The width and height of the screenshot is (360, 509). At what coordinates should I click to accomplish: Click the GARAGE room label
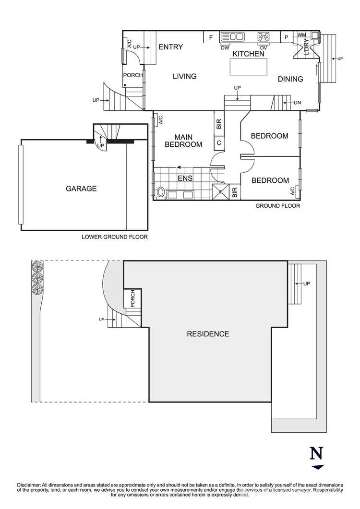pyautogui.click(x=81, y=189)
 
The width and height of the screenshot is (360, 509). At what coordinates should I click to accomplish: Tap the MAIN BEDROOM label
pyautogui.click(x=183, y=141)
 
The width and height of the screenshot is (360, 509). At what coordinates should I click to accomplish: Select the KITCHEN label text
pyautogui.click(x=249, y=54)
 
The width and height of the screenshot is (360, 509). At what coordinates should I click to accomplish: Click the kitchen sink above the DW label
pyautogui.click(x=233, y=36)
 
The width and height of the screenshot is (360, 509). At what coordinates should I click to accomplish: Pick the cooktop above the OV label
pyautogui.click(x=264, y=36)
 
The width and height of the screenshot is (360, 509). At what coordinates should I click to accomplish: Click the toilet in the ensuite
pyautogui.click(x=161, y=193)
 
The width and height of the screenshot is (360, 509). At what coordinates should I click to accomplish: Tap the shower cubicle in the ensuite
pyautogui.click(x=221, y=191)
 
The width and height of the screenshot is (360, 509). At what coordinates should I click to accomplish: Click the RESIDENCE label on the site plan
pyautogui.click(x=208, y=334)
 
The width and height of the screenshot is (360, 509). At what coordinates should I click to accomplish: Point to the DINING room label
pyautogui.click(x=290, y=79)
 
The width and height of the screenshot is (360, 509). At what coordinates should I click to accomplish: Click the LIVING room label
pyautogui.click(x=185, y=76)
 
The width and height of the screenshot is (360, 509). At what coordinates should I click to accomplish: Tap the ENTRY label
pyautogui.click(x=171, y=47)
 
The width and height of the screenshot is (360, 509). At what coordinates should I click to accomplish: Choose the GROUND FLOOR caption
pyautogui.click(x=277, y=206)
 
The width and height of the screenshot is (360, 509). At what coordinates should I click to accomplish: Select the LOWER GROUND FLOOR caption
pyautogui.click(x=115, y=237)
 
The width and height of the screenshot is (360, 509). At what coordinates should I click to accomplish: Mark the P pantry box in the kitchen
pyautogui.click(x=286, y=37)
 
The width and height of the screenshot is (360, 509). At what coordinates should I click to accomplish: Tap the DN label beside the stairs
pyautogui.click(x=297, y=102)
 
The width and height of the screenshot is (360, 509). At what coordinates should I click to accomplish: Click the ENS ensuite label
pyautogui.click(x=185, y=178)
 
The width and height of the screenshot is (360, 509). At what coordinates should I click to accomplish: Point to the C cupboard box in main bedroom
pyautogui.click(x=219, y=142)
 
